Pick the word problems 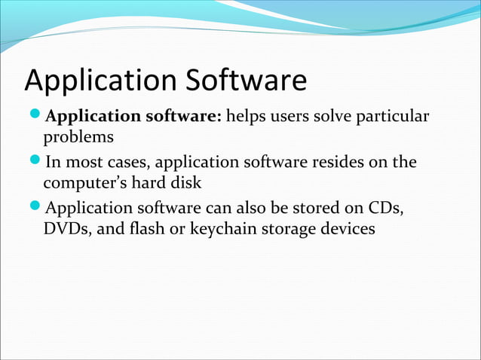(78, 139)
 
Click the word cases (127, 163)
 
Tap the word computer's (85, 184)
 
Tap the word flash (146, 228)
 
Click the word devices (347, 228)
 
